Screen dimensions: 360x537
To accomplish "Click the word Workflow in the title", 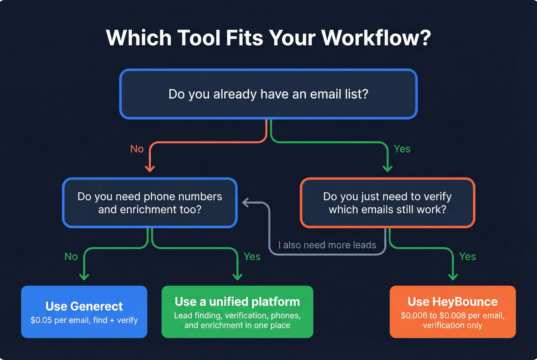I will [x=376, y=38].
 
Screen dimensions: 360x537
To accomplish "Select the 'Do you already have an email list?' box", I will [x=268, y=94].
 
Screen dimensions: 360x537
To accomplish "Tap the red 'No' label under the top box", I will [x=137, y=149].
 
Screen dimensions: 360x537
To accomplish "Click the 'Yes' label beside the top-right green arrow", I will [x=402, y=149].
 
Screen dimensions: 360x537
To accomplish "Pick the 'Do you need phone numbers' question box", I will [x=150, y=203].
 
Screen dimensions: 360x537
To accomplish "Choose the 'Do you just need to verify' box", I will [x=387, y=203].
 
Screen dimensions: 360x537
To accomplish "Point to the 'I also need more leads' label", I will [x=327, y=245].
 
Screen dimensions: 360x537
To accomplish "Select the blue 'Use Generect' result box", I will [x=84, y=312].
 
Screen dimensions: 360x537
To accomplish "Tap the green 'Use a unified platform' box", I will [x=237, y=312].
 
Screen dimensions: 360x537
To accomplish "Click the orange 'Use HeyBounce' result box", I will [x=453, y=312].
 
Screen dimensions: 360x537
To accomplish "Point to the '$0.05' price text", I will [x=41, y=320].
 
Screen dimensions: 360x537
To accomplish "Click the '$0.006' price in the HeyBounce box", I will [x=413, y=316].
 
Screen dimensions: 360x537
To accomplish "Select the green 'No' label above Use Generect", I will [x=71, y=256].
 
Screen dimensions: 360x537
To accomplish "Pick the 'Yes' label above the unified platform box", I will [x=252, y=256].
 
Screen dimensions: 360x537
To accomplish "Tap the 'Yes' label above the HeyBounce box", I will [x=467, y=256].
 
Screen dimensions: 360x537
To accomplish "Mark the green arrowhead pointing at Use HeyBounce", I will [x=453, y=276].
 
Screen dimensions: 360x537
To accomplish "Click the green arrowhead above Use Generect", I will [x=84, y=276].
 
